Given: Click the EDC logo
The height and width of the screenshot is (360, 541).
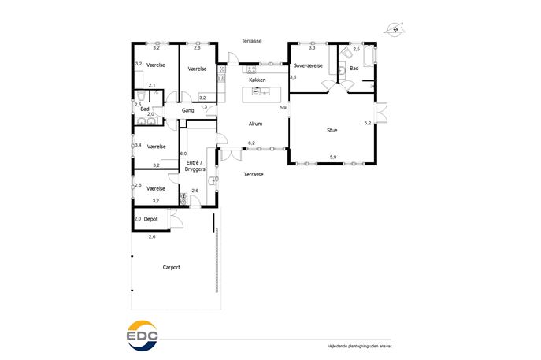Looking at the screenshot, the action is [x=143, y=336].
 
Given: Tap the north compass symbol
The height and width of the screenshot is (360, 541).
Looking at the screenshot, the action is [x=395, y=29].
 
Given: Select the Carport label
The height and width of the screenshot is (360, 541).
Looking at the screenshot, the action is [x=172, y=267].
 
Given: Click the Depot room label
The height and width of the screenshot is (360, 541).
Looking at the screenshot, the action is [x=150, y=219].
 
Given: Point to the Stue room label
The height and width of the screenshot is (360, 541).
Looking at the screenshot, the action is [x=332, y=130].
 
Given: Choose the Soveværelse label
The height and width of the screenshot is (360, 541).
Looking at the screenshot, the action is [x=308, y=65].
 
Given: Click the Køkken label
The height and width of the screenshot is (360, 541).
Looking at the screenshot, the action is [x=258, y=80].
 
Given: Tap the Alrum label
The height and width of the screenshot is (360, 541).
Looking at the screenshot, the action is [x=256, y=124].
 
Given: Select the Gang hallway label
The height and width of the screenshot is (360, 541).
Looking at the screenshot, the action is [x=187, y=110].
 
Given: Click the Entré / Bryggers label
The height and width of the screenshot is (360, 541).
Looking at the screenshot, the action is [x=195, y=165].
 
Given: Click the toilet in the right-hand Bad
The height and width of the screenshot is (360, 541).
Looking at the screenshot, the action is [x=346, y=53].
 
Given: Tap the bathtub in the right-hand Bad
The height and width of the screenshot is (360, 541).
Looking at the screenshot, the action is [x=370, y=55].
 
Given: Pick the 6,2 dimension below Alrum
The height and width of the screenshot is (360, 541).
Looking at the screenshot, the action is [x=251, y=143].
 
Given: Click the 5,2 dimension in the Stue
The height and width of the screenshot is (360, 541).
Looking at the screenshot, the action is [x=368, y=123].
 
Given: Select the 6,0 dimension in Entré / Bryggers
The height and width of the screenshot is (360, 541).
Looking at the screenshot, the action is [x=183, y=154].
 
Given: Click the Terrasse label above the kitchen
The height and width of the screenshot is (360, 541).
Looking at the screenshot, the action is [x=251, y=41].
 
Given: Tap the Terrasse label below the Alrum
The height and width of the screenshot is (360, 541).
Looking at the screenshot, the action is [x=254, y=174].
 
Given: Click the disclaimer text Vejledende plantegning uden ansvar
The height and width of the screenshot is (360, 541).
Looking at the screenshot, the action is [x=360, y=346].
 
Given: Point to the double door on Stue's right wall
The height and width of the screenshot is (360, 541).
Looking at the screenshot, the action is [x=380, y=112].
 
